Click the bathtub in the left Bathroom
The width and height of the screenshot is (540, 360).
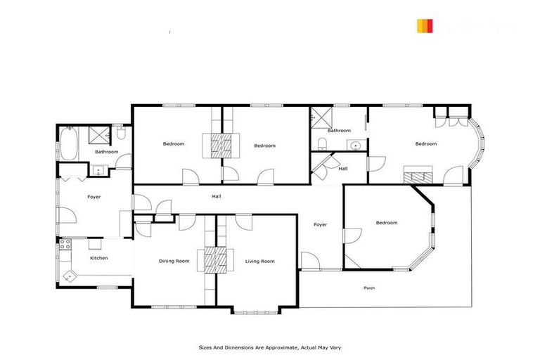point(68,143)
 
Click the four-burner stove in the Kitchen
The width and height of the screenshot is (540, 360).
point(65,245)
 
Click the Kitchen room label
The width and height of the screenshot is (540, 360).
point(99,258)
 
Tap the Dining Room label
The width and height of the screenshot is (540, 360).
point(174,261)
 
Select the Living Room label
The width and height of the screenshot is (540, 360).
point(259,261)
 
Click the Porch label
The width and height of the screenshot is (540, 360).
point(369,288)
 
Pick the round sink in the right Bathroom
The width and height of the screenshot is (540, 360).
point(356,146)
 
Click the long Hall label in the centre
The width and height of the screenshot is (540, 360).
point(217,196)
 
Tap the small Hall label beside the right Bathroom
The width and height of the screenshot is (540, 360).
point(343,169)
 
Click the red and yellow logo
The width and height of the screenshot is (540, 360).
point(425,26)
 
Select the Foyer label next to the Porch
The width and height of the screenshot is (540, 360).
point(321,224)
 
